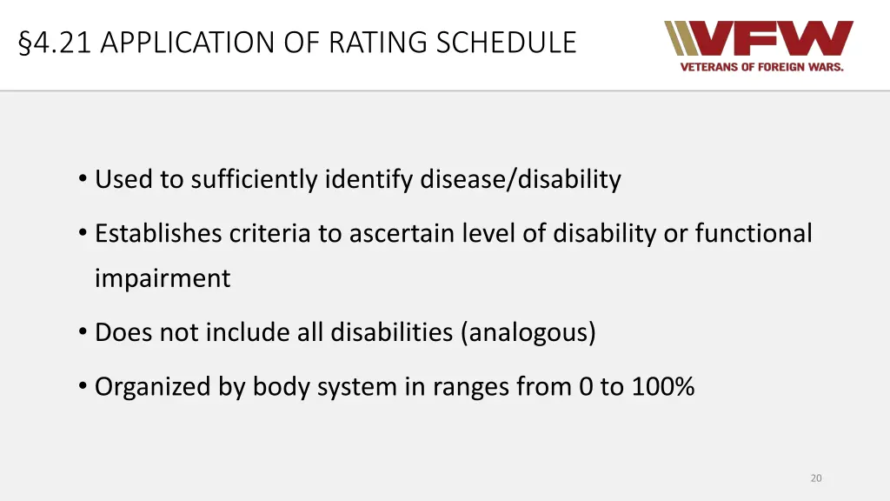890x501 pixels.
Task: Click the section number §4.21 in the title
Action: [55, 42]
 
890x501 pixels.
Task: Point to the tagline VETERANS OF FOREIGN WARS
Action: [761, 67]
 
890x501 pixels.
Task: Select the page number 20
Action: [815, 478]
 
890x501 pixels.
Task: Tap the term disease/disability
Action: [521, 179]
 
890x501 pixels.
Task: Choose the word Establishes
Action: [159, 233]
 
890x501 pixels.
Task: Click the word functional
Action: [754, 233]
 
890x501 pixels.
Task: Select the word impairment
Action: [163, 278]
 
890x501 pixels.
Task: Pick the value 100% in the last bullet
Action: [662, 386]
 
